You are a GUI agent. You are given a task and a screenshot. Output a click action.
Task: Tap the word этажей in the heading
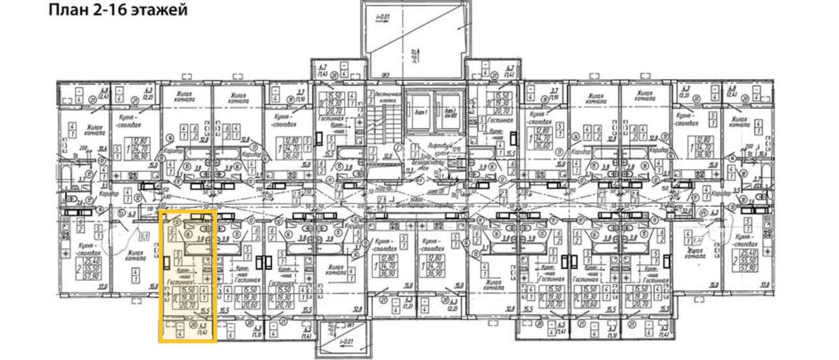161,11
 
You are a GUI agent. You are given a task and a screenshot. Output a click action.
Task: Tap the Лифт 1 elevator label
422,111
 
